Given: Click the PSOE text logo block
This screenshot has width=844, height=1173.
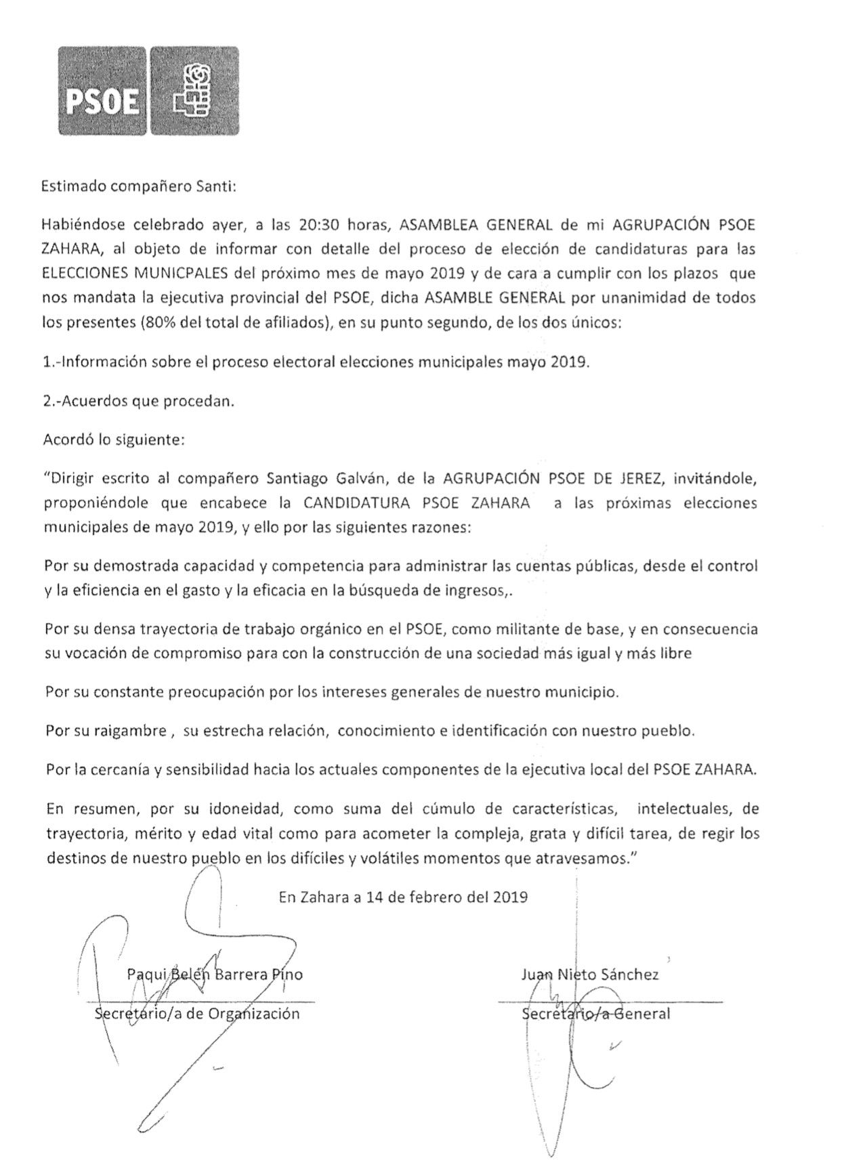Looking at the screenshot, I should pyautogui.click(x=102, y=90).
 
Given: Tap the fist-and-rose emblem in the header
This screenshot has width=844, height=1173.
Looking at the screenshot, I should pyautogui.click(x=194, y=90).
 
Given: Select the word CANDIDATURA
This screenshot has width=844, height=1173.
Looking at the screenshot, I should pyautogui.click(x=360, y=503).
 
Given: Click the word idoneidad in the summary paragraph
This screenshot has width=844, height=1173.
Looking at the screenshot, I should pyautogui.click(x=224, y=809).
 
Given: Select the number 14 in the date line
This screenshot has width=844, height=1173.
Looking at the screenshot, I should pyautogui.click(x=374, y=897).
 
